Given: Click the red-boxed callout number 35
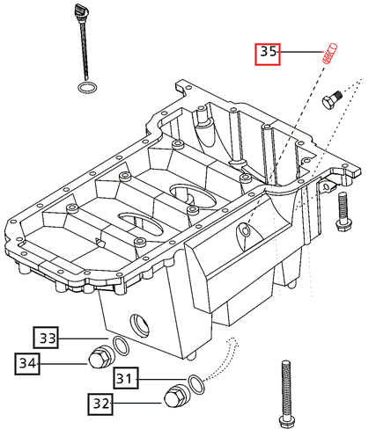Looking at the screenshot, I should tap(268, 54).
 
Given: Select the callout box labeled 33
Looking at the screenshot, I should tap(47, 338).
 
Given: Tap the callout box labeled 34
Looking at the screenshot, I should tap(28, 360).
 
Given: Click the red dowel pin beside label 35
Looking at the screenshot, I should tap(331, 50).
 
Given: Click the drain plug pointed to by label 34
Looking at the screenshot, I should tap(100, 358).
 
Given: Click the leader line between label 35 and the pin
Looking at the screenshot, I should tap(299, 53).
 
